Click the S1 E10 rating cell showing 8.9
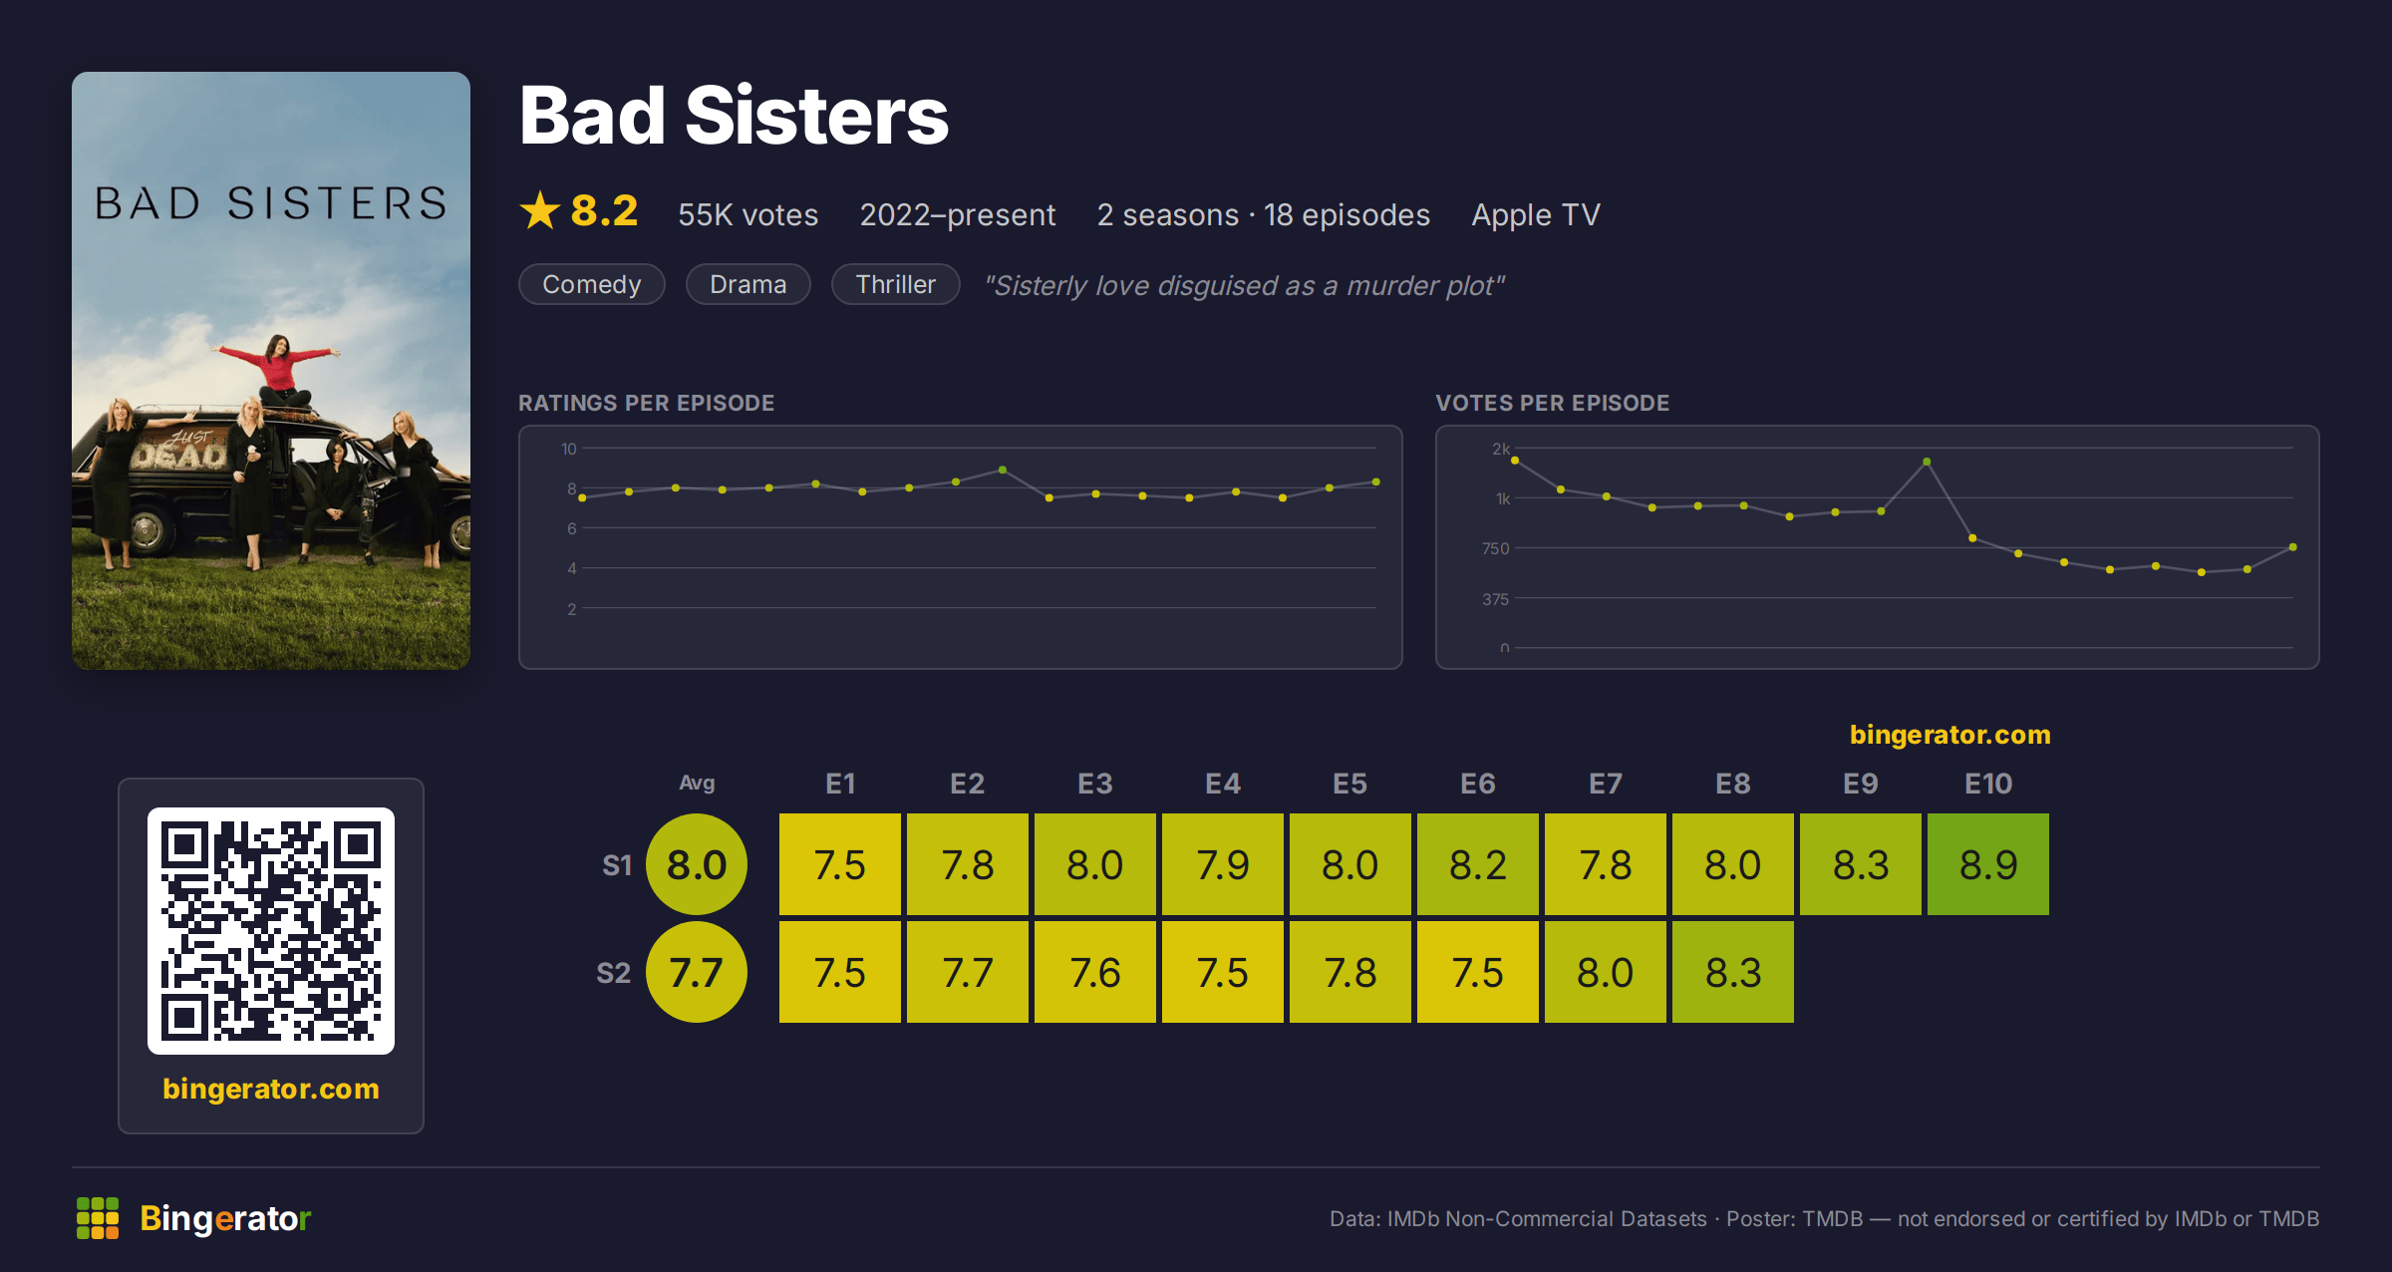(x=1987, y=864)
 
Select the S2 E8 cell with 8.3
(x=1732, y=972)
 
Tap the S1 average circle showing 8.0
(x=697, y=864)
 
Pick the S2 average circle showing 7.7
(x=697, y=972)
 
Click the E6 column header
(x=1477, y=784)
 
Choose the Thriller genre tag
(x=895, y=284)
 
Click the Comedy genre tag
(x=591, y=284)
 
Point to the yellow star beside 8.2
(x=540, y=210)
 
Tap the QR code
(x=271, y=931)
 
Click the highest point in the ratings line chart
(x=1003, y=470)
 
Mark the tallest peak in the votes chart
(x=1927, y=462)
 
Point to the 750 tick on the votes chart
(x=1495, y=548)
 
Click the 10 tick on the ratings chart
(x=568, y=449)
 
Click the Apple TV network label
(x=1536, y=214)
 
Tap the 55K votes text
(x=747, y=214)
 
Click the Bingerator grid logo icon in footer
(x=98, y=1218)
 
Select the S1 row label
(x=617, y=865)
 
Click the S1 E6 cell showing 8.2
(x=1477, y=864)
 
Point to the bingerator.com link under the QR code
(x=271, y=1089)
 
